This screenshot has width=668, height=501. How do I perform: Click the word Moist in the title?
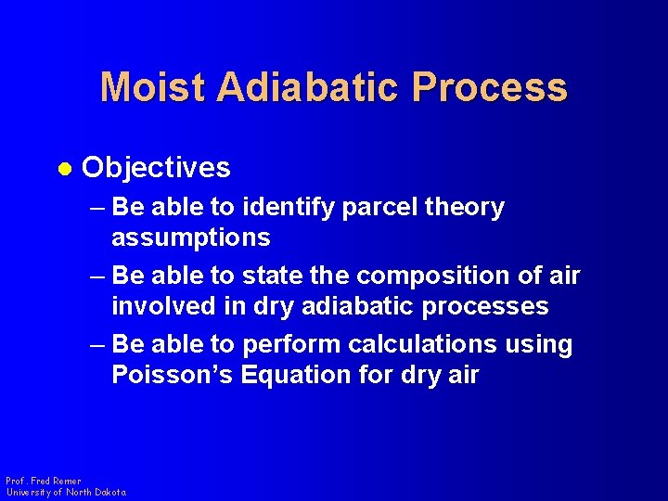[154, 87]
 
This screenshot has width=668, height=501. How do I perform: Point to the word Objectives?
[156, 168]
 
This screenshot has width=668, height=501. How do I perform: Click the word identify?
[292, 208]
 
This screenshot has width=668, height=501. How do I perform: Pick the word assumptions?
[191, 238]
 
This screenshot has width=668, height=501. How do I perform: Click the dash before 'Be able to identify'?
[100, 208]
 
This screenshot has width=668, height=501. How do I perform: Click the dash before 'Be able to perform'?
[100, 345]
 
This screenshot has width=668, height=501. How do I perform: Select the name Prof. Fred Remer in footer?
[44, 482]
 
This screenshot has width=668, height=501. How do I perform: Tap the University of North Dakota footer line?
[66, 493]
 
